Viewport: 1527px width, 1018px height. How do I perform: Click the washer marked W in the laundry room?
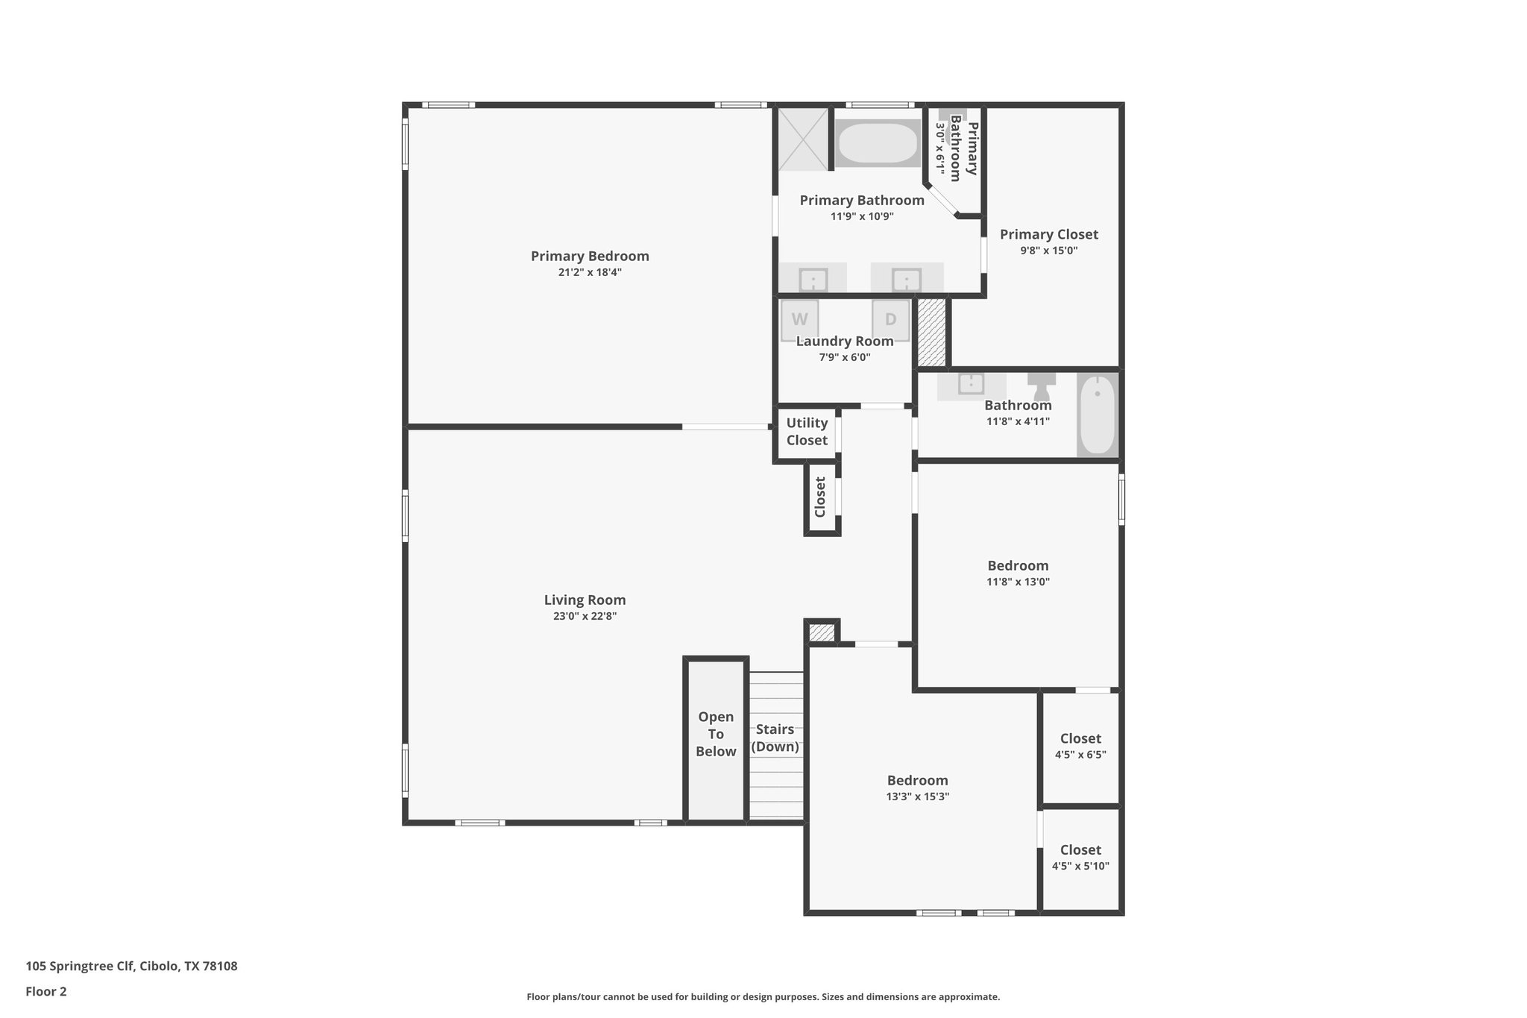[799, 320]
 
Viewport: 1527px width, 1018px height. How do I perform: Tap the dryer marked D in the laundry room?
[890, 320]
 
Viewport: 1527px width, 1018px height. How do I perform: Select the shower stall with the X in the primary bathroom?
[803, 139]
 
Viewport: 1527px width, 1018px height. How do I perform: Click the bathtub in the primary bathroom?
[877, 142]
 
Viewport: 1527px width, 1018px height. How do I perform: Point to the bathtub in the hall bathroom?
[1097, 414]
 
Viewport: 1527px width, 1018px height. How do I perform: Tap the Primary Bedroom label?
[590, 256]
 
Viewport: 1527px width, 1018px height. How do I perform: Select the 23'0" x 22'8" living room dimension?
[585, 616]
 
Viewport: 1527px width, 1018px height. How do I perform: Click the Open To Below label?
[716, 734]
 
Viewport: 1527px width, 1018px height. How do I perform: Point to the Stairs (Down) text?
[775, 738]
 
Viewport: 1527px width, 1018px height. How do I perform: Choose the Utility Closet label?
[807, 431]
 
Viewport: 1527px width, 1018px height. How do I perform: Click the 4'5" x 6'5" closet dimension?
[1080, 754]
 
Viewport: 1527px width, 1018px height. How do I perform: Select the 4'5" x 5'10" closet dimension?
[1080, 866]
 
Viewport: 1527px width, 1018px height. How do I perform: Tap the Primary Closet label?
[1048, 234]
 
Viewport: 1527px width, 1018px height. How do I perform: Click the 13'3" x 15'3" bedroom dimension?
[917, 796]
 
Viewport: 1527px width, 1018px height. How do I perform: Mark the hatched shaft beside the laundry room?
[931, 332]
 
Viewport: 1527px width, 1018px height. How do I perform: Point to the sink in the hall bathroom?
[971, 383]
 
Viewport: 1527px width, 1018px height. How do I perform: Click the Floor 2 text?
[46, 991]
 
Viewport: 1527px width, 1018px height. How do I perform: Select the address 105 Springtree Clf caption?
[131, 966]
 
